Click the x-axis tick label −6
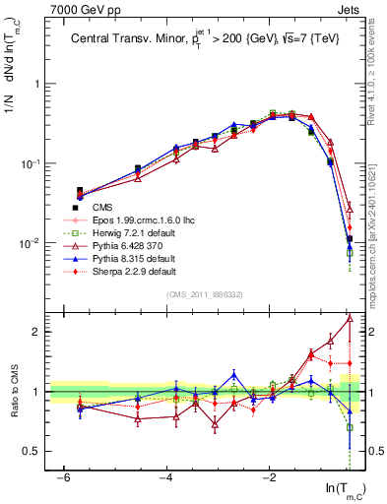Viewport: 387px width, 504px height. tap(63, 478)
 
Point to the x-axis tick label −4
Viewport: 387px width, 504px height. tap(166, 478)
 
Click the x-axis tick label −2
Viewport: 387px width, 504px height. tap(270, 478)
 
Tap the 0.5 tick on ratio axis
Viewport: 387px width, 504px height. tap(35, 451)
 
